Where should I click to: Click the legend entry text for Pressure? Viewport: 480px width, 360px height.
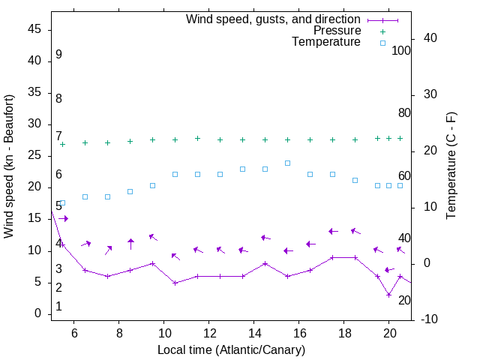click(x=337, y=31)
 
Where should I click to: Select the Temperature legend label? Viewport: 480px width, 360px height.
click(x=326, y=43)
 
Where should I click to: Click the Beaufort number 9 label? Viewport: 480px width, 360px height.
click(x=58, y=55)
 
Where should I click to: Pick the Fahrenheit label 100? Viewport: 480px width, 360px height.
click(x=401, y=51)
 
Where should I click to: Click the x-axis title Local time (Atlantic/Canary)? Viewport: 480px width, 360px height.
click(x=232, y=349)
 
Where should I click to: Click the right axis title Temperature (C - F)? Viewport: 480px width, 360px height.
click(x=451, y=166)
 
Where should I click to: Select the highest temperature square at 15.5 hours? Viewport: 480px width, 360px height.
click(x=287, y=163)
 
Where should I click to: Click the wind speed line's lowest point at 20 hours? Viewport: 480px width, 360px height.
click(x=388, y=295)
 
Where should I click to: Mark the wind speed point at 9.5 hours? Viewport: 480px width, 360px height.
click(x=152, y=263)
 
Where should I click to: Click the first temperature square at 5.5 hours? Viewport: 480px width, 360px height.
click(x=62, y=202)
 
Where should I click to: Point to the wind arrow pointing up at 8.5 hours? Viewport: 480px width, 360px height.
click(x=130, y=243)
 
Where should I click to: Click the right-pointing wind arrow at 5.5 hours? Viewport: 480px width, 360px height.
click(x=64, y=218)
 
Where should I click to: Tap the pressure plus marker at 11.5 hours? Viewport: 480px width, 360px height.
click(x=197, y=138)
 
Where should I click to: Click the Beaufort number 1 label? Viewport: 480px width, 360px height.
click(x=58, y=307)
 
